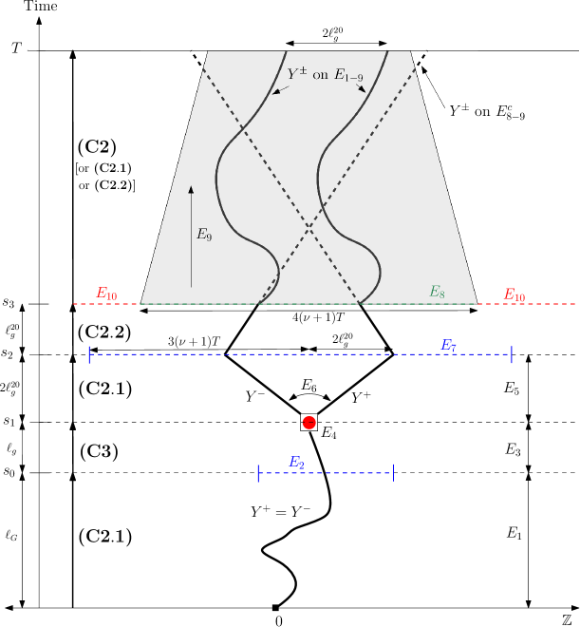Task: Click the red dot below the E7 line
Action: [x=309, y=423]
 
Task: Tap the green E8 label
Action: [x=437, y=292]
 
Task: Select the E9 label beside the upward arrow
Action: [x=204, y=235]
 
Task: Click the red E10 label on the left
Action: [x=106, y=294]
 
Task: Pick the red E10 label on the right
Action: [x=515, y=295]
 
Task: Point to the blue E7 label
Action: [x=449, y=345]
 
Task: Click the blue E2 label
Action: [x=296, y=463]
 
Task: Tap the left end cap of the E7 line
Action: [x=89, y=354]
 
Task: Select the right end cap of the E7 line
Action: [x=512, y=354]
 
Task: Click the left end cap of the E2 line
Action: [x=258, y=473]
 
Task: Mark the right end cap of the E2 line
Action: [x=393, y=473]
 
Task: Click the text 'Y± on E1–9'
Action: [x=325, y=74]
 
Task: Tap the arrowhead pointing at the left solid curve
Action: [x=275, y=92]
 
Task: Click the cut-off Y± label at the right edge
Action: [x=463, y=111]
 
